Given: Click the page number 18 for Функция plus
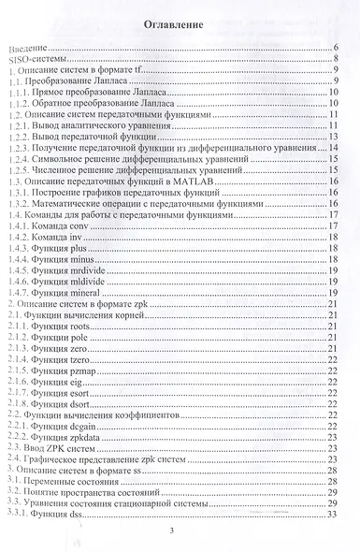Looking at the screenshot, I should (x=332, y=251).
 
